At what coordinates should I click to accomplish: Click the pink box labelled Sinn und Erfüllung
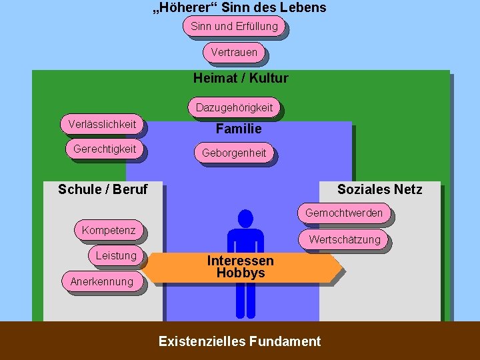tap(234, 27)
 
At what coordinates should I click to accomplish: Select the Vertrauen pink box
tap(234, 52)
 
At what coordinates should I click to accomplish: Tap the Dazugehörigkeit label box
tap(234, 107)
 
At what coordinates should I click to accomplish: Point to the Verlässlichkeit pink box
tap(102, 124)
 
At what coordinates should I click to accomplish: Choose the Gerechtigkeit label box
tap(104, 149)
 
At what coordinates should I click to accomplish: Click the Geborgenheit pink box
tap(234, 153)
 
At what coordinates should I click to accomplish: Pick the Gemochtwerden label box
tap(344, 213)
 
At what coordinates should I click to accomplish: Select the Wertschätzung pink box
tap(344, 239)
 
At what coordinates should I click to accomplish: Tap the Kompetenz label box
tap(109, 231)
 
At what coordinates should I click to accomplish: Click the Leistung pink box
tap(116, 255)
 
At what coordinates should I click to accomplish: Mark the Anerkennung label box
tap(102, 281)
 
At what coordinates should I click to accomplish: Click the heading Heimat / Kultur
tap(241, 78)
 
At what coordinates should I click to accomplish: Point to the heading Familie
tap(239, 129)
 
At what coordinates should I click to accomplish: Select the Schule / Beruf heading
tap(103, 189)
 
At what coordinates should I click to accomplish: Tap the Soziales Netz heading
tap(379, 189)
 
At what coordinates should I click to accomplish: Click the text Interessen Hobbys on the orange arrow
tap(240, 267)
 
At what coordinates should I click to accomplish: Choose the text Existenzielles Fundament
tap(239, 341)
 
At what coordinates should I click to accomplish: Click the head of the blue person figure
tap(245, 218)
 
